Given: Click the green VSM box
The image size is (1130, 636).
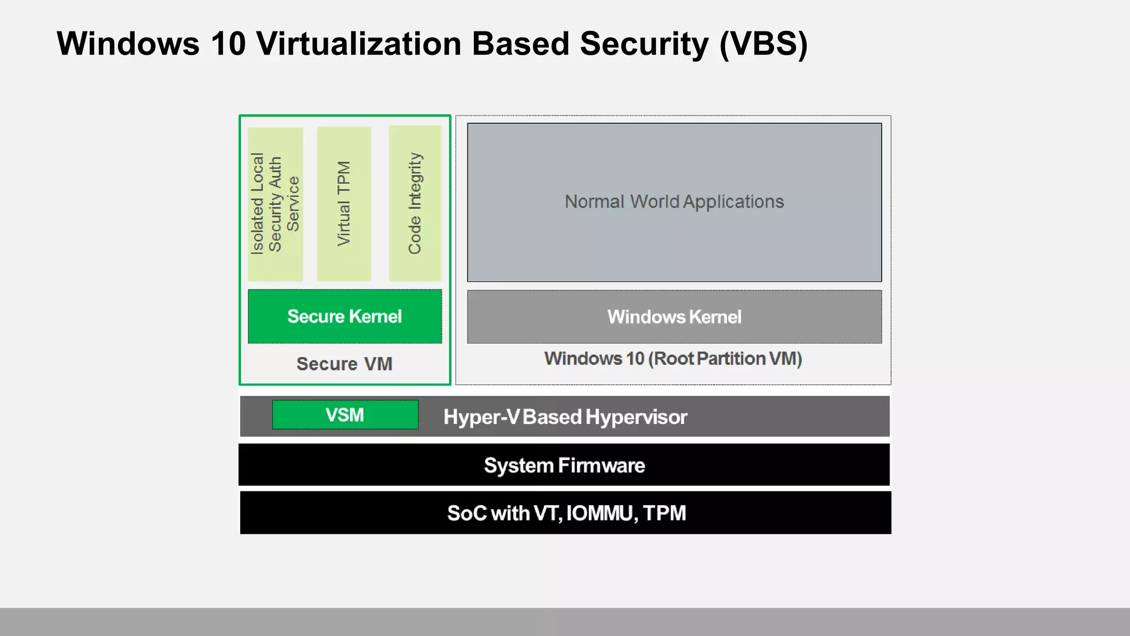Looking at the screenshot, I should coord(345,415).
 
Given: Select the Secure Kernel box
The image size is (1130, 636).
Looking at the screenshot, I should coord(345,316).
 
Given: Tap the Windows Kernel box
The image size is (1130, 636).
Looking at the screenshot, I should coord(674,317).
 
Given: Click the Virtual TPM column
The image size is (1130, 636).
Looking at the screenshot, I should coord(344,204).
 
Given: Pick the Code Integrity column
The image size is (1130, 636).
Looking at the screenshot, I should coord(415,204).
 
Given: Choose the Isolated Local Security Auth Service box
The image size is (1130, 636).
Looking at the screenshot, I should coord(275,204).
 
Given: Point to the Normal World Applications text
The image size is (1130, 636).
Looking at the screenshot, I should coord(674,202).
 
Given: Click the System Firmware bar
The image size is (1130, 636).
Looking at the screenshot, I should coord(564,465).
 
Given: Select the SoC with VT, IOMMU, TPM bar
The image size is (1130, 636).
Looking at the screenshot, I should coord(566,513).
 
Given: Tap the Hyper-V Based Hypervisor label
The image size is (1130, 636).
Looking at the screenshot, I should coord(566,417).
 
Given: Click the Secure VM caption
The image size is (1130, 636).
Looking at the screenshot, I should coord(345,364).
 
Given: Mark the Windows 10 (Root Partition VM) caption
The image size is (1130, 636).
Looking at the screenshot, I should coord(673,359).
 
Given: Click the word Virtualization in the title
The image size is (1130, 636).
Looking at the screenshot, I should coord(359,44).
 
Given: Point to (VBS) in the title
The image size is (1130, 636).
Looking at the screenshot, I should coord(764,44).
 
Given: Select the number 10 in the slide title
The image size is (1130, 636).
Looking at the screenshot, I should coord(228,44).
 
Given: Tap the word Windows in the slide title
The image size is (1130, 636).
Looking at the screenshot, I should coord(128,44).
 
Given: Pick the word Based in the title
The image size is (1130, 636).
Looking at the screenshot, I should coord(520,44).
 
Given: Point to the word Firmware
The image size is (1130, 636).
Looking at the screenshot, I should coord(601,465).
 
